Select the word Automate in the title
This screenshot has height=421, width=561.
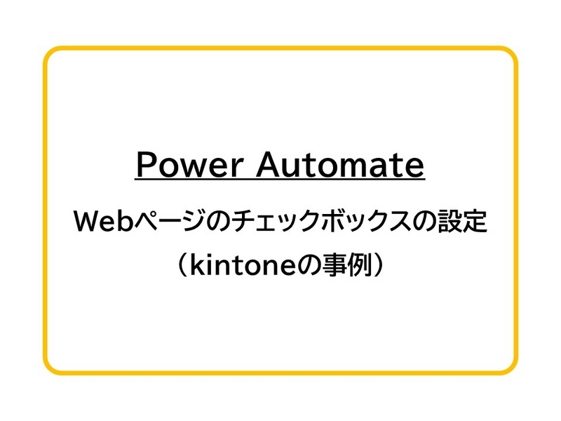pos(339,165)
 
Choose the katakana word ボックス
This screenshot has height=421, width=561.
pos(342,224)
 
